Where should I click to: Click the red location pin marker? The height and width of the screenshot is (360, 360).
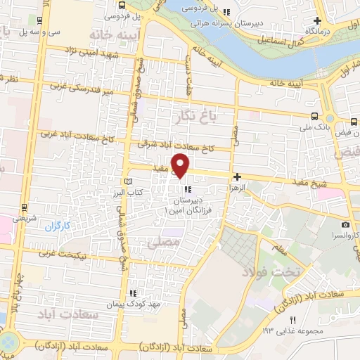pyautogui.click(x=181, y=165)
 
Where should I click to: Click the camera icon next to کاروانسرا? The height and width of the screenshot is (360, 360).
pyautogui.click(x=345, y=224)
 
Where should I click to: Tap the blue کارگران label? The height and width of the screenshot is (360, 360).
pyautogui.click(x=60, y=228)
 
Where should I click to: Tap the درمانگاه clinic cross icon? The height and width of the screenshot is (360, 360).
pyautogui.click(x=317, y=20)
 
